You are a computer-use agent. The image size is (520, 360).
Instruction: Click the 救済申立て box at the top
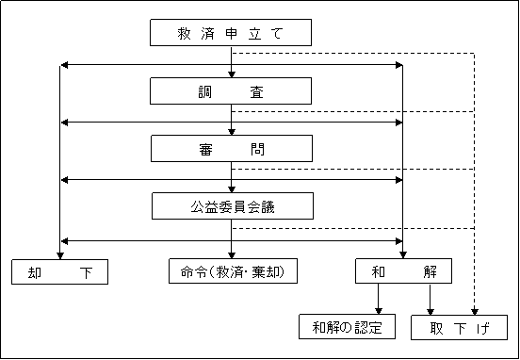pos(231,33)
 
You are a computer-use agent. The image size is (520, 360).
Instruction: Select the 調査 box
pos(231,90)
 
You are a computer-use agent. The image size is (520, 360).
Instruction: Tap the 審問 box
pos(231,149)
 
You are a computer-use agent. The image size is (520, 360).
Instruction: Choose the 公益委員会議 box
pos(232,206)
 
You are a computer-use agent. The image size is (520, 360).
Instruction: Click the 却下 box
pos(59,272)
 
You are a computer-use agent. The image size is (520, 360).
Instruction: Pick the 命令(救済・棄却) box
pos(232,272)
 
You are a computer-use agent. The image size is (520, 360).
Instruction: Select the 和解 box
pos(403,272)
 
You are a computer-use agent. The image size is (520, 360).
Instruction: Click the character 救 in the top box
pos(184,34)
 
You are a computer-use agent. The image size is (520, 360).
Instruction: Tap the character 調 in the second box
pos(204,91)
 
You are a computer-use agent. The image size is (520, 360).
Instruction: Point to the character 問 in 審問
pos(258,149)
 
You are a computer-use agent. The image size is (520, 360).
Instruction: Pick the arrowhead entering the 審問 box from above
pos(232,132)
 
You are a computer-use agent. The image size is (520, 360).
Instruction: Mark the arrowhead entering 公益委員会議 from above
pos(232,189)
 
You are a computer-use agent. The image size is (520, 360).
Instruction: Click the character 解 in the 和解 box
pos(430,272)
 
